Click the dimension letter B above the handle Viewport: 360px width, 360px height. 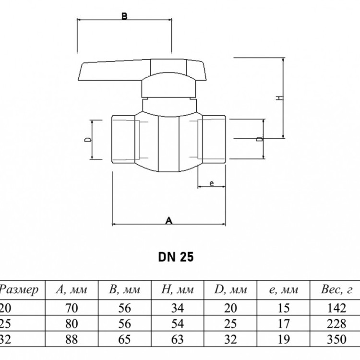tap(124, 16)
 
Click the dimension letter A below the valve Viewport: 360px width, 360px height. tap(169, 221)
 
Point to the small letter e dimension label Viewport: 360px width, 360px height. tap(212, 183)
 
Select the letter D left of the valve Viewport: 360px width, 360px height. tap(88, 139)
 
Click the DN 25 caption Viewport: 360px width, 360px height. tap(176, 257)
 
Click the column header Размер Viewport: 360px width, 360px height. tap(19, 290)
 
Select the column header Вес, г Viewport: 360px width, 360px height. tap(336, 289)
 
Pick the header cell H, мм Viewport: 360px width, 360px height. tap(177, 289)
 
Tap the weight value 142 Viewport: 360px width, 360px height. tap(336, 308)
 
